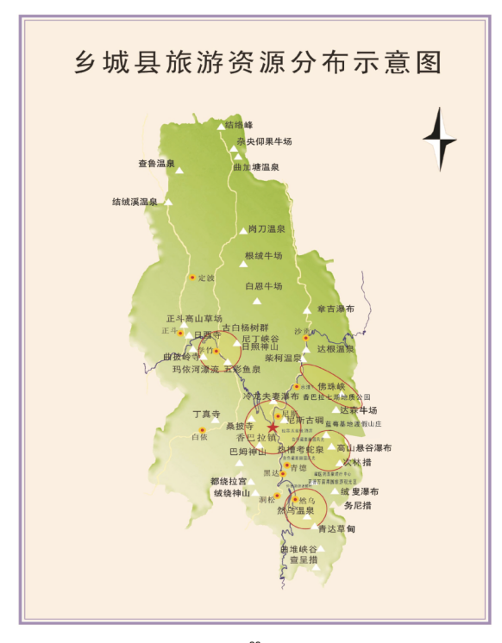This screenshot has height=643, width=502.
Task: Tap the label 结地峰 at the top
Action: [240, 125]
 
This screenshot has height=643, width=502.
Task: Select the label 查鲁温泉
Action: [156, 163]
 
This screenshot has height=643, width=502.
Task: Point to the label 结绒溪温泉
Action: [135, 202]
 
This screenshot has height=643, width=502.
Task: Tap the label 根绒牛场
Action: [263, 256]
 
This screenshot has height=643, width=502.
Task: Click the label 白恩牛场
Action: [263, 285]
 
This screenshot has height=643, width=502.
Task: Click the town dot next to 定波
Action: [192, 278]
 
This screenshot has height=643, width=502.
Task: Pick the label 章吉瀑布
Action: [335, 309]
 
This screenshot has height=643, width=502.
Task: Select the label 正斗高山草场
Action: [194, 318]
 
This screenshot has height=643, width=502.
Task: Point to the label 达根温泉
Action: [336, 348]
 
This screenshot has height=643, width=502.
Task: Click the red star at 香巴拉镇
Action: [273, 427]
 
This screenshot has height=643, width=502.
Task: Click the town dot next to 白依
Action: [202, 429]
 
